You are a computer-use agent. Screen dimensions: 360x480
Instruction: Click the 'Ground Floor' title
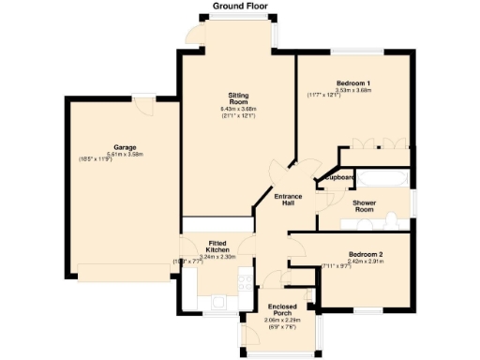click(239, 6)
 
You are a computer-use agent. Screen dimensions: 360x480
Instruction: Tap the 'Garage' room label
click(125, 148)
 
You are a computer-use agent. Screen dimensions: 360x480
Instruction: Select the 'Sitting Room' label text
click(238, 99)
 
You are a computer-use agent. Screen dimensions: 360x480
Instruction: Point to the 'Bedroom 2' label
click(365, 254)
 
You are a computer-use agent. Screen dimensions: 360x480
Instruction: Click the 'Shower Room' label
click(364, 206)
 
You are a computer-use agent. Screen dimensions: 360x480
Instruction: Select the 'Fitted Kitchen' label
click(217, 247)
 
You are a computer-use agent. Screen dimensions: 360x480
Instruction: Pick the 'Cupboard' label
click(339, 177)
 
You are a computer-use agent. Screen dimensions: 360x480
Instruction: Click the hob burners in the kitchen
click(245, 278)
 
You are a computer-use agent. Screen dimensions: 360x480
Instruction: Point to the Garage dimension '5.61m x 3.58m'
click(127, 155)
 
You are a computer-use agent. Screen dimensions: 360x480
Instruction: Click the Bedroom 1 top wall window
click(352, 52)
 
